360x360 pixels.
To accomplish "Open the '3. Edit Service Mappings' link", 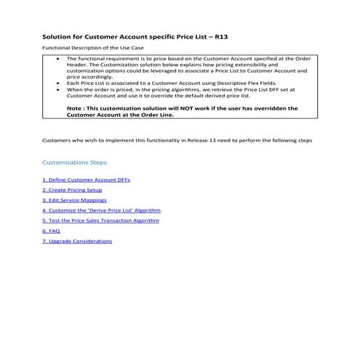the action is click(75, 199).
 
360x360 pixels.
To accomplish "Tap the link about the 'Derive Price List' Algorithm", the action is click(100, 209).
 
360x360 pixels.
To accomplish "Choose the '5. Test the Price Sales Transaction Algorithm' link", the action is click(100, 220).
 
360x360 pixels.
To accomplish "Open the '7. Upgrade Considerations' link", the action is click(77, 241).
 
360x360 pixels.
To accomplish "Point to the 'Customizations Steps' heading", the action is click(75, 162).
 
